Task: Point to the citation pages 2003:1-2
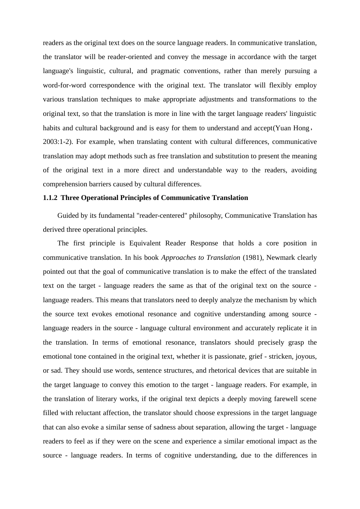pos(58,142)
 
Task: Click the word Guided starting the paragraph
pos(68,215)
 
